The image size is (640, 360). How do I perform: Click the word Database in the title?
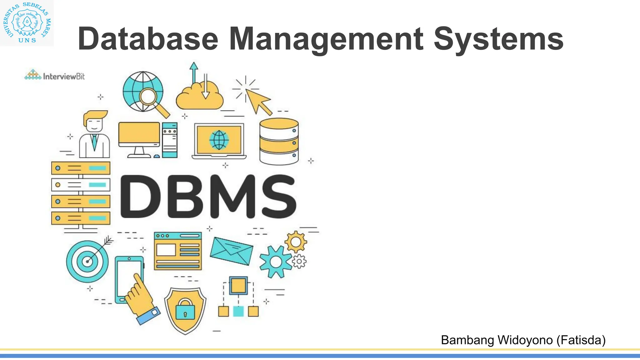coord(148,39)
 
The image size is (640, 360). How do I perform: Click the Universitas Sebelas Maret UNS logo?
coord(27,23)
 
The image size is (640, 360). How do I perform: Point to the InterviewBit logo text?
coord(64,76)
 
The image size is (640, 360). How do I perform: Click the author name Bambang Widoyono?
coord(497,340)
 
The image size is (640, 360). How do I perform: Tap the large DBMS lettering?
coord(208,196)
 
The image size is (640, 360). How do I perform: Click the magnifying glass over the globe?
coord(149,97)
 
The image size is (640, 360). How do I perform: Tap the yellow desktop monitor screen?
coord(139,134)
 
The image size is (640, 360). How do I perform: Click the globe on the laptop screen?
coord(219,140)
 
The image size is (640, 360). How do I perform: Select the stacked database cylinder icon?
coord(279,141)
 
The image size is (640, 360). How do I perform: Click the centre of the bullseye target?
coord(87,261)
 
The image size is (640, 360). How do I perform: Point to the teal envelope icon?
coord(231,251)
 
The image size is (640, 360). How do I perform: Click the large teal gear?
coord(275,262)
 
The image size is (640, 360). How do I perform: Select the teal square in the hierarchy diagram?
coord(238,312)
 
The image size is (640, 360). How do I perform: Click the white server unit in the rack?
coord(81,185)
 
